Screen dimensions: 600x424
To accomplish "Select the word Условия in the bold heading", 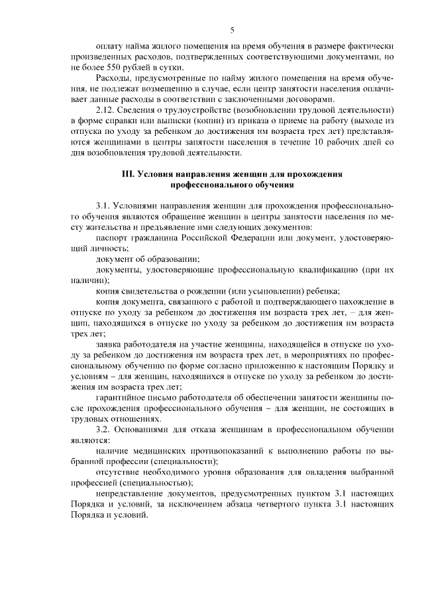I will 163,174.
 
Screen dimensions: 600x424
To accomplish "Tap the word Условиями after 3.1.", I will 138,206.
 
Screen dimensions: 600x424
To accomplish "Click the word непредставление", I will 132,493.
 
